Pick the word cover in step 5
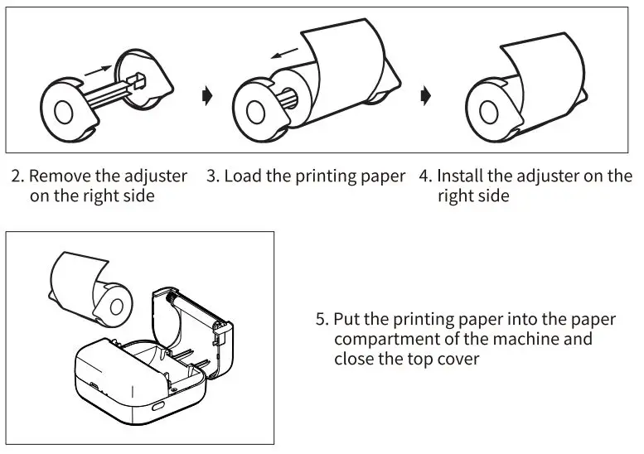[458, 360]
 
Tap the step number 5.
[322, 320]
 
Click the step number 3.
[211, 176]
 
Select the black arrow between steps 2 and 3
[206, 96]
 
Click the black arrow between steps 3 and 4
[425, 96]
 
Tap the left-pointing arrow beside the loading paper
[284, 55]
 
